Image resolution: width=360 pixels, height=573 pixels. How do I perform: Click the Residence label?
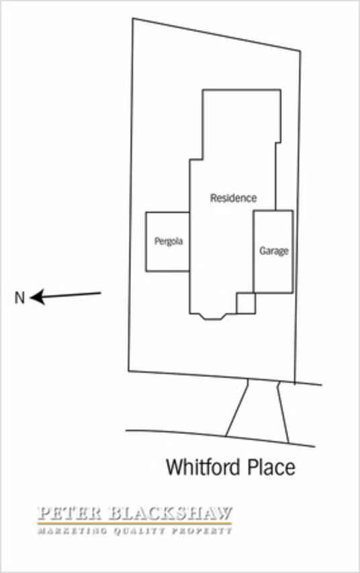(233, 198)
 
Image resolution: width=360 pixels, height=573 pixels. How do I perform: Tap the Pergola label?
(169, 241)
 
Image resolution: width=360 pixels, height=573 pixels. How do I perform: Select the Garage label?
(274, 251)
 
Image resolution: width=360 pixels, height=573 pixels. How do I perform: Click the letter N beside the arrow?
(19, 298)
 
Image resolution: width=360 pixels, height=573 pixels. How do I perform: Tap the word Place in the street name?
(271, 467)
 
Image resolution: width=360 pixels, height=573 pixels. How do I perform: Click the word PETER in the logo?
(69, 513)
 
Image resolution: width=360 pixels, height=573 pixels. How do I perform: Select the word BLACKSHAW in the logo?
(171, 513)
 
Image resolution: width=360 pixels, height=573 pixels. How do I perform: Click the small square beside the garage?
(246, 304)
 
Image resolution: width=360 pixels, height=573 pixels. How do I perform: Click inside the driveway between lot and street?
(258, 409)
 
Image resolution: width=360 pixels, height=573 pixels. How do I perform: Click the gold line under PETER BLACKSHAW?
(134, 524)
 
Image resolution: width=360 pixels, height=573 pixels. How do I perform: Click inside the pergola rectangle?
(167, 256)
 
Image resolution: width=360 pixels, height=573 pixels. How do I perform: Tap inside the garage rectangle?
(273, 271)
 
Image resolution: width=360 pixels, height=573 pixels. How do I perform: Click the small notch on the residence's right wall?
(278, 142)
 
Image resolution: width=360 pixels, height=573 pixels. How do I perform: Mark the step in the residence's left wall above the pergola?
(196, 159)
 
